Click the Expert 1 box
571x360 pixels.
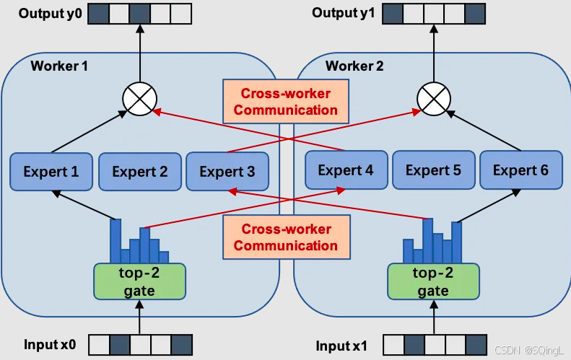point(51,172)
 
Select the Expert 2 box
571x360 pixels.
point(140,172)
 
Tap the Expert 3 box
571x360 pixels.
point(227,172)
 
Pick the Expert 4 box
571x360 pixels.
point(346,171)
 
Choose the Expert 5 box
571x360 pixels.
point(433,171)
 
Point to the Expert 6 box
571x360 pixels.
point(520,171)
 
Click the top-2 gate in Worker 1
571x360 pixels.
point(139,281)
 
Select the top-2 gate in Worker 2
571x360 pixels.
point(433,281)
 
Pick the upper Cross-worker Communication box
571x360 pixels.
point(286,102)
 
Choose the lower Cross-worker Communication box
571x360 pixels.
point(286,237)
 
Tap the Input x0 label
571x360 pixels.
point(49,345)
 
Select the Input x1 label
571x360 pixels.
point(341,346)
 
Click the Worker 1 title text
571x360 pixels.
point(59,66)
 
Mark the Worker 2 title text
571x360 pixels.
point(354,66)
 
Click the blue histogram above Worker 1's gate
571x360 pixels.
point(139,242)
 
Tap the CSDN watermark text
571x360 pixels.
point(531,350)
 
